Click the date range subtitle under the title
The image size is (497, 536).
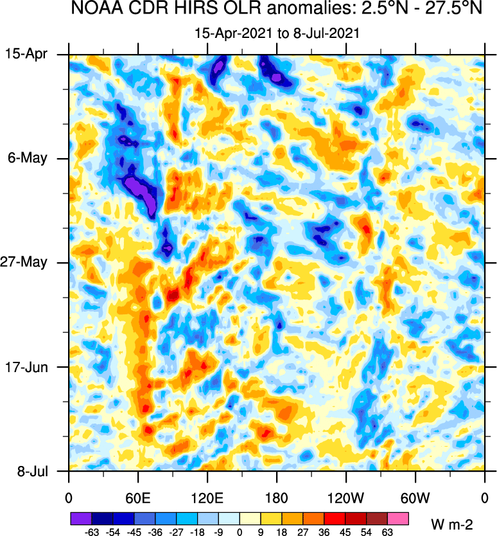click(277, 31)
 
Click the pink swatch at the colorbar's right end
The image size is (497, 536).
click(398, 517)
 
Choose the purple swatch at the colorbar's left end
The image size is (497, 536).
click(80, 517)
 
